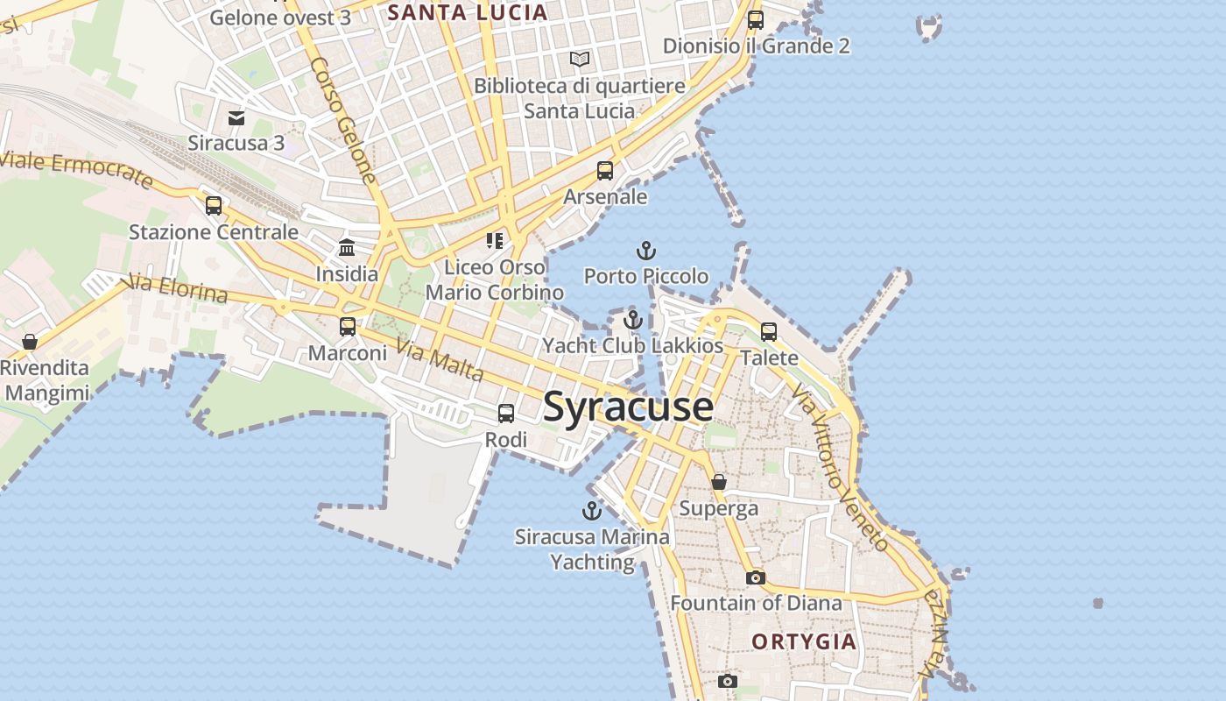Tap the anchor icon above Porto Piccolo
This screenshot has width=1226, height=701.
pos(645,251)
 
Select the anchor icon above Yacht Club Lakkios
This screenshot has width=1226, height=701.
pos(633,320)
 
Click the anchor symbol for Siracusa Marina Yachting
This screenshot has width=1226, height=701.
pos(592,511)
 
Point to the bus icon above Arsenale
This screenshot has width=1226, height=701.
pos(605,171)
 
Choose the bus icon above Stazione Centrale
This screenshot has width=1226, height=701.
pos(214,206)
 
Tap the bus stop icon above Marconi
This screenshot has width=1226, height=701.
pos(348,327)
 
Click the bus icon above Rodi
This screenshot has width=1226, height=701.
pos(506,414)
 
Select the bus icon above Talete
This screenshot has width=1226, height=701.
pos(769,332)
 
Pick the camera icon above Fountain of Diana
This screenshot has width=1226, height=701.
pos(755,577)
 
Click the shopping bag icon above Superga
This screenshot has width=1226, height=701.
pos(719,482)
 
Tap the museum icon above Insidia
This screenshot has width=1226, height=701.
pos(347,248)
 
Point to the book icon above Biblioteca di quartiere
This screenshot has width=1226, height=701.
pos(580,60)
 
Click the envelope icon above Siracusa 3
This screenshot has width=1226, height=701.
pos(236,117)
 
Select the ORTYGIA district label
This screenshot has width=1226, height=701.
pos(804,641)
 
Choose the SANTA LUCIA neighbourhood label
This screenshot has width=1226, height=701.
pos(468,12)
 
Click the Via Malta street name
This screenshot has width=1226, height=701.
pos(440,360)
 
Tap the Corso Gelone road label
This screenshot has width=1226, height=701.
pos(343,120)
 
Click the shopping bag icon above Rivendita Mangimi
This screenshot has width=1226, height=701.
pos(30,342)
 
